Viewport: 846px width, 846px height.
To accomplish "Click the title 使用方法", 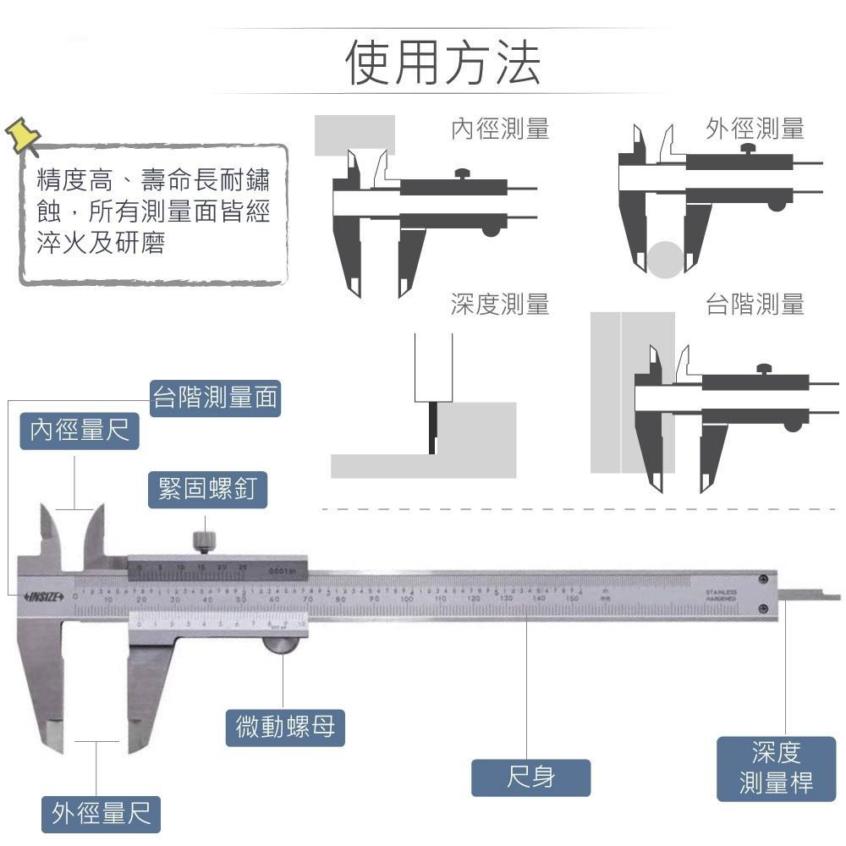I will click(x=443, y=63).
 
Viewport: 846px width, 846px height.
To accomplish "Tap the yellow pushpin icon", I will click(x=23, y=135).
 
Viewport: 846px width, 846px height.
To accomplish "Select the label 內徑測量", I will click(x=499, y=129).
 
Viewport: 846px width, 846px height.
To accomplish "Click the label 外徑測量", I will click(x=755, y=129).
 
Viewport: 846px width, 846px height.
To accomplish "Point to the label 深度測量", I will click(x=499, y=304).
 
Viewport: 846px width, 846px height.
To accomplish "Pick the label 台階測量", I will click(x=755, y=304).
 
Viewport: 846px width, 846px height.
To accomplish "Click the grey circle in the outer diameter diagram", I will click(x=667, y=259).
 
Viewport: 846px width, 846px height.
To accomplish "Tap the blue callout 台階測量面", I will click(x=215, y=398).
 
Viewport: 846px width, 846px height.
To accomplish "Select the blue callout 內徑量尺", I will click(x=80, y=431).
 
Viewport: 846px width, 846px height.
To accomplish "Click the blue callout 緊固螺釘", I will click(x=208, y=489).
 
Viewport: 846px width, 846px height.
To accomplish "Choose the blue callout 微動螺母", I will click(x=285, y=727).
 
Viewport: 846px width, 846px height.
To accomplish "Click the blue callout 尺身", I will click(x=530, y=777).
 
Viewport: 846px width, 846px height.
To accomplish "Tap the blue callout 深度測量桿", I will click(x=776, y=768).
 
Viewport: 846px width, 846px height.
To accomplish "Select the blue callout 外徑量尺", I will click(x=102, y=814).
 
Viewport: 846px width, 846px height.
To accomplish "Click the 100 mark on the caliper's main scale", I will click(x=406, y=600).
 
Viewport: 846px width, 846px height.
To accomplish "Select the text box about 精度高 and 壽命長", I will click(x=154, y=213).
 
